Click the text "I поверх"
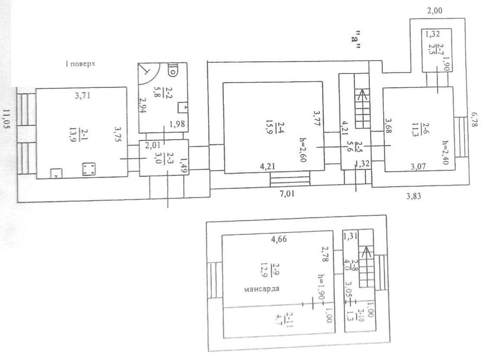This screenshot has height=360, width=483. (x=80, y=64)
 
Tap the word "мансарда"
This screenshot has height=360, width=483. (x=262, y=289)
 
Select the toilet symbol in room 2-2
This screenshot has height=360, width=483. (x=173, y=70)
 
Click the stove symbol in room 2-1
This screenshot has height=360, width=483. (x=88, y=169)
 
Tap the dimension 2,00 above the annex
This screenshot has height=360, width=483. (x=434, y=10)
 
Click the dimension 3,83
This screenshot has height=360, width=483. (x=413, y=196)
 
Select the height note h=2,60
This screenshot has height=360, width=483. (x=303, y=154)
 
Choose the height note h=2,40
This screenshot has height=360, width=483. (x=445, y=152)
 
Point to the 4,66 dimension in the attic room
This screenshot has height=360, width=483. (x=278, y=239)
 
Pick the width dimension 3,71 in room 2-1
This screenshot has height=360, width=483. (x=82, y=96)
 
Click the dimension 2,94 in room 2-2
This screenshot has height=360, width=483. (x=142, y=105)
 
